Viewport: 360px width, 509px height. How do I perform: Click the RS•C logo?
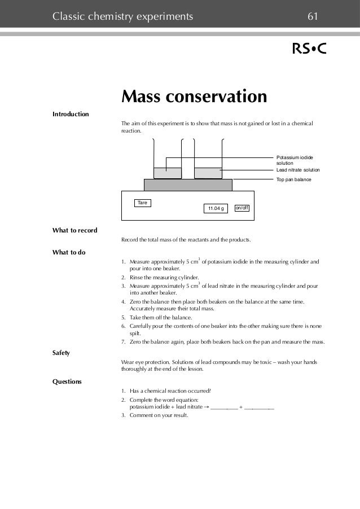coord(309,50)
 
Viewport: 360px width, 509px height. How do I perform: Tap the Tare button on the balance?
coord(143,202)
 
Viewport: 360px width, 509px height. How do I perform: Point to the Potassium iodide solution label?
coord(295,160)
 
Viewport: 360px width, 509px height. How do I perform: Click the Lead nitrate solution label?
coord(297,170)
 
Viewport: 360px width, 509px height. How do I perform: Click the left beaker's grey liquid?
coord(168,173)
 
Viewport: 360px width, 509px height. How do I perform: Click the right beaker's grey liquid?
coord(208,173)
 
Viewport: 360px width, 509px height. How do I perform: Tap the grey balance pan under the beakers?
coord(188,185)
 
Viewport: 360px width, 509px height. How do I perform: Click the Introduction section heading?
coord(71,115)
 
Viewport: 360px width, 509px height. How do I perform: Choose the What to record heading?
coord(74,230)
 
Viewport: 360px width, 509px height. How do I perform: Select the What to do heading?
coord(69,252)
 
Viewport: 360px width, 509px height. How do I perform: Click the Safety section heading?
coord(61,353)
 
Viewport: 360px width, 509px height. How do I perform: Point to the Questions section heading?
coord(67,381)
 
